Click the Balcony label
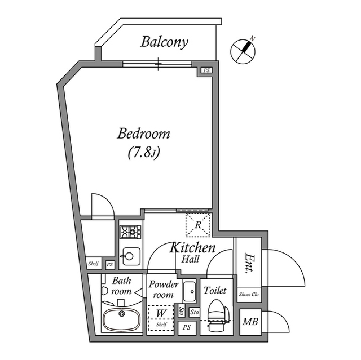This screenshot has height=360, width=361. (x=164, y=42)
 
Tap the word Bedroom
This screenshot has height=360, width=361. (x=144, y=134)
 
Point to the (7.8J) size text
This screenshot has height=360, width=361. (x=144, y=153)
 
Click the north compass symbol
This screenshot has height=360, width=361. (x=243, y=50)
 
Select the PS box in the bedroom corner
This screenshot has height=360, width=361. (x=206, y=70)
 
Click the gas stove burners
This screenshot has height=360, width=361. (x=130, y=232)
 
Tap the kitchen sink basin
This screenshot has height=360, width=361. (x=130, y=256)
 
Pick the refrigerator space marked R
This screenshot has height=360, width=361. (x=198, y=225)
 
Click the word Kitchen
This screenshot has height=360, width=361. (x=192, y=247)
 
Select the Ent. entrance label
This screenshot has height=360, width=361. (x=249, y=264)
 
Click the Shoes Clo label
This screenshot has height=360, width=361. (x=249, y=294)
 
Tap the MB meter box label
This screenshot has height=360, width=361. (x=250, y=322)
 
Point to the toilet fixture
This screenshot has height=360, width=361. (x=217, y=315)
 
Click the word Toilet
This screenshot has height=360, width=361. (x=215, y=290)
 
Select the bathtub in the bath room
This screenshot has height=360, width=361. (x=121, y=319)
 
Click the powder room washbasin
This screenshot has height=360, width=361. (x=190, y=291)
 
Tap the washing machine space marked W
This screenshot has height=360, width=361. (x=161, y=313)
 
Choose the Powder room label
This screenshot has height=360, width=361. (x=163, y=290)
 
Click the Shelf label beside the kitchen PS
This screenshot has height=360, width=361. (x=94, y=264)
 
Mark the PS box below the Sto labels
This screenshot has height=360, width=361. (x=187, y=327)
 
